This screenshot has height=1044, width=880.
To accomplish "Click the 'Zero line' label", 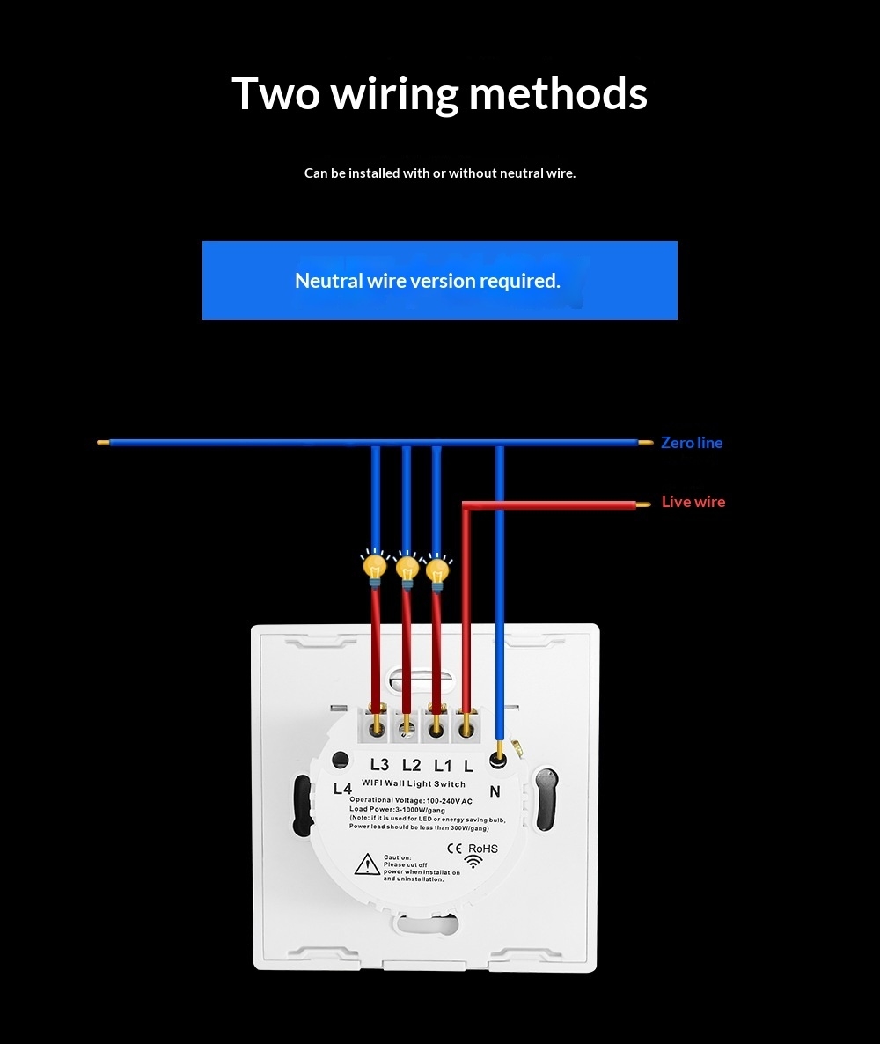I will (x=692, y=443).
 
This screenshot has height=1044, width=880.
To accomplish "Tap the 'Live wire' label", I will (x=693, y=502).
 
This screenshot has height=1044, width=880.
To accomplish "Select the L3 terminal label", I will (x=379, y=765).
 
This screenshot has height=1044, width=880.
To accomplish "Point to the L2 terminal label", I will (x=411, y=765).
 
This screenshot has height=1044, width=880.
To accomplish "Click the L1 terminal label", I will (x=442, y=765).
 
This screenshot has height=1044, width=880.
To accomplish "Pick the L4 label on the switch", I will (x=342, y=789).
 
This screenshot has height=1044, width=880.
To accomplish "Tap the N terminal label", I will (x=495, y=791).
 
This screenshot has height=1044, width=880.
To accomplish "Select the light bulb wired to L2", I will (x=406, y=568).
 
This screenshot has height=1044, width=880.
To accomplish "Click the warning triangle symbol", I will (x=367, y=864).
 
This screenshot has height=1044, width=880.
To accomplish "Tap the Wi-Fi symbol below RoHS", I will (x=474, y=863).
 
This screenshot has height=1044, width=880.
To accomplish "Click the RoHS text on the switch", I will (x=482, y=849).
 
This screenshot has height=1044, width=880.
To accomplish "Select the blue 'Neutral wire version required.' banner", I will (x=439, y=280).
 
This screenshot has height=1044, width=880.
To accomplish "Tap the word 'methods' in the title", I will (x=558, y=93).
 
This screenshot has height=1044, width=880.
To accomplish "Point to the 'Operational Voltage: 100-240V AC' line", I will (x=410, y=800).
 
